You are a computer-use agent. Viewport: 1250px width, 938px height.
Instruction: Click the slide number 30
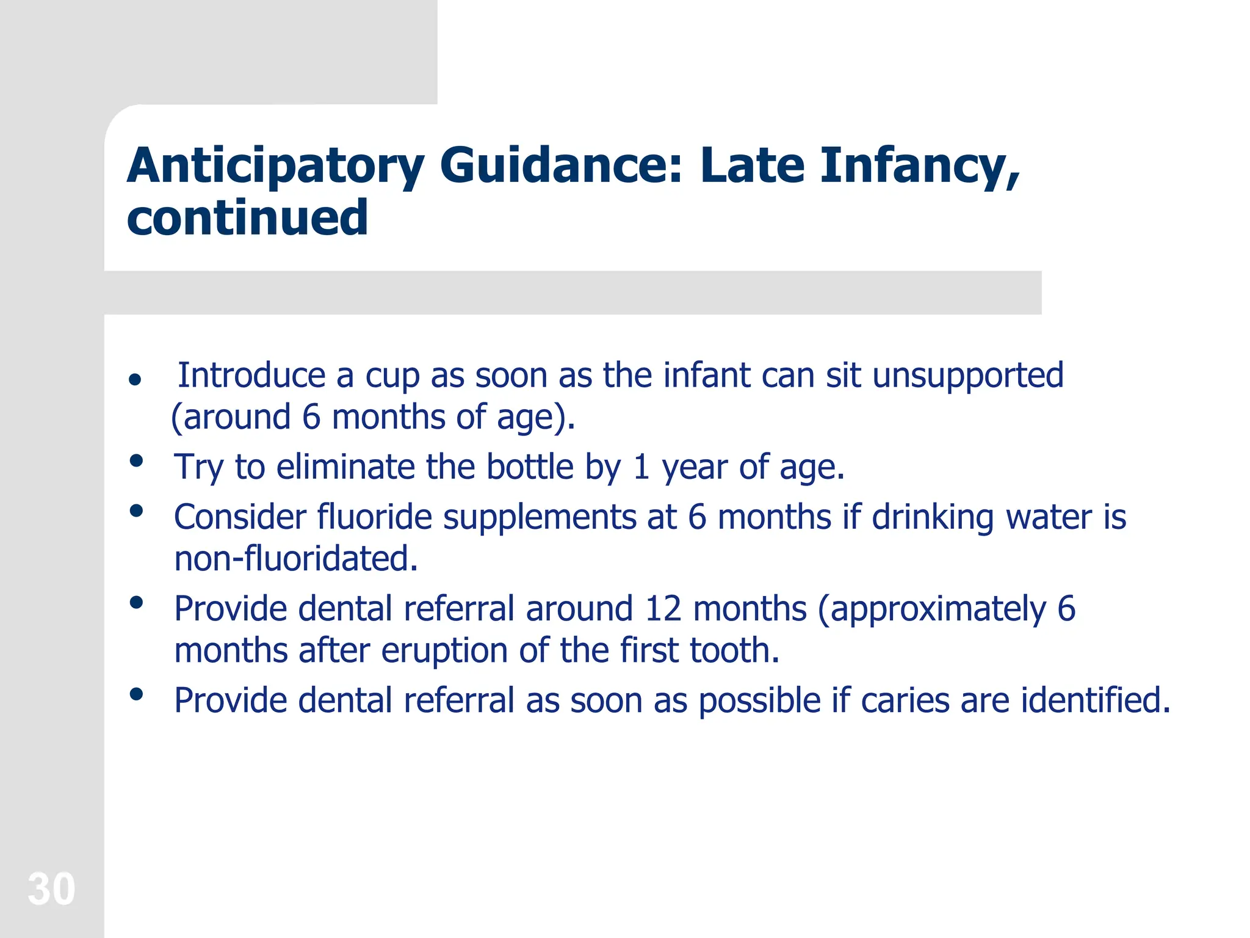[x=51, y=889]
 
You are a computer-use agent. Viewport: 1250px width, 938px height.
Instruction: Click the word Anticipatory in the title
[x=275, y=166]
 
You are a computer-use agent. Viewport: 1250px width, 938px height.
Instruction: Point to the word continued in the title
[x=247, y=218]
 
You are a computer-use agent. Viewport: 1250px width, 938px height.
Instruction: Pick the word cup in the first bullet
[x=392, y=376]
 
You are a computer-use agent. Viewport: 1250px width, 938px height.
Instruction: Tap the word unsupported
[x=967, y=376]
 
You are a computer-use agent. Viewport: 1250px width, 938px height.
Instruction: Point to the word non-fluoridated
[x=296, y=559]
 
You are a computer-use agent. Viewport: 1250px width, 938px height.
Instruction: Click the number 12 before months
[x=662, y=609]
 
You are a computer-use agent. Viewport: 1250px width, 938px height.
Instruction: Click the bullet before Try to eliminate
[x=136, y=460]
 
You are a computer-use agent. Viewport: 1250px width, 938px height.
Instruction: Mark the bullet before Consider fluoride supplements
[x=136, y=511]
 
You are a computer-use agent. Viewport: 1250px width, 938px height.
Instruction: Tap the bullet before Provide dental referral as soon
[x=136, y=694]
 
